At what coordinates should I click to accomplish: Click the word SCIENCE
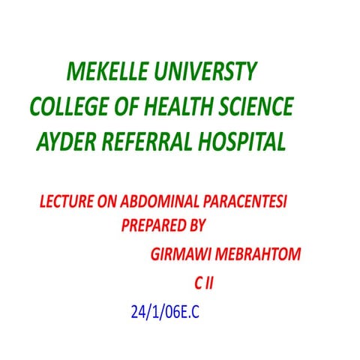coord(255,106)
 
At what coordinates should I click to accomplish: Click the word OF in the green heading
coord(128,106)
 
